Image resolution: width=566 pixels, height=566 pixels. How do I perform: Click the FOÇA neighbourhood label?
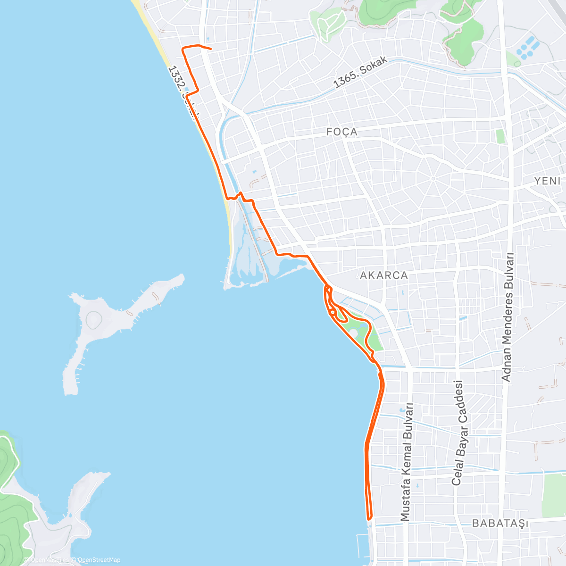tap(342, 132)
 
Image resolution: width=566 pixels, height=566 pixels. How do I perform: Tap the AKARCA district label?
tap(383, 275)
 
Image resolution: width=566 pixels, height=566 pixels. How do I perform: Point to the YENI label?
tap(547, 181)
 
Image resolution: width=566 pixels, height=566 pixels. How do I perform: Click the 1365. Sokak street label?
tap(360, 73)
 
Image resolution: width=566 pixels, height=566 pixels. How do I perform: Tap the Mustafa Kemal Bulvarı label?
tap(407, 462)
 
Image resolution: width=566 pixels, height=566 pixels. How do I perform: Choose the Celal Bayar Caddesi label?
tap(458, 433)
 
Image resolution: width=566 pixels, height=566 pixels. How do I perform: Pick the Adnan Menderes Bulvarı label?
tap(508, 317)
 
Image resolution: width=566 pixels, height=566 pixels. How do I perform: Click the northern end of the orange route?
tap(210, 49)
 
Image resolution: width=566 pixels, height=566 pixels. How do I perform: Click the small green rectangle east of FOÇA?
tap(500, 136)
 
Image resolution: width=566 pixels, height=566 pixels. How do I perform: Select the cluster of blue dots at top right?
tap(526, 48)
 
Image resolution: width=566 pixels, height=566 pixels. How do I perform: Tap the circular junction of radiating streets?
tap(433, 178)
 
